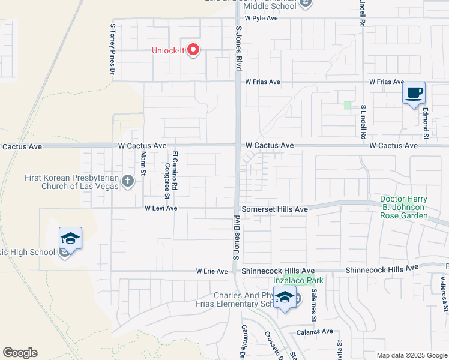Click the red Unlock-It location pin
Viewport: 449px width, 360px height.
(193, 50)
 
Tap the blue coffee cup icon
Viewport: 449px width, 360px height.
(414, 94)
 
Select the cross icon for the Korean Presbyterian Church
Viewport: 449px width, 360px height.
(127, 181)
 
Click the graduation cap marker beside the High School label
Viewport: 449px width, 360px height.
(70, 238)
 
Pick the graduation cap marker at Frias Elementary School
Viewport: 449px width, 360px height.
(284, 297)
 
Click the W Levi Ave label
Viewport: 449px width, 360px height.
(161, 208)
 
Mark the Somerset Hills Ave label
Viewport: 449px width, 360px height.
(274, 209)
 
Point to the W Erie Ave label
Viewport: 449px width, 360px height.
(212, 271)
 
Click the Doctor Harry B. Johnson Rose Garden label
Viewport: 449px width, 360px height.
(403, 207)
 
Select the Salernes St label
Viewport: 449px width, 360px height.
(313, 305)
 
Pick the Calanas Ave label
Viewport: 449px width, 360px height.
(315, 331)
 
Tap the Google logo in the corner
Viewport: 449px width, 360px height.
(20, 353)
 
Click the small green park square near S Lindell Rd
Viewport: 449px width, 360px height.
(347, 105)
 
